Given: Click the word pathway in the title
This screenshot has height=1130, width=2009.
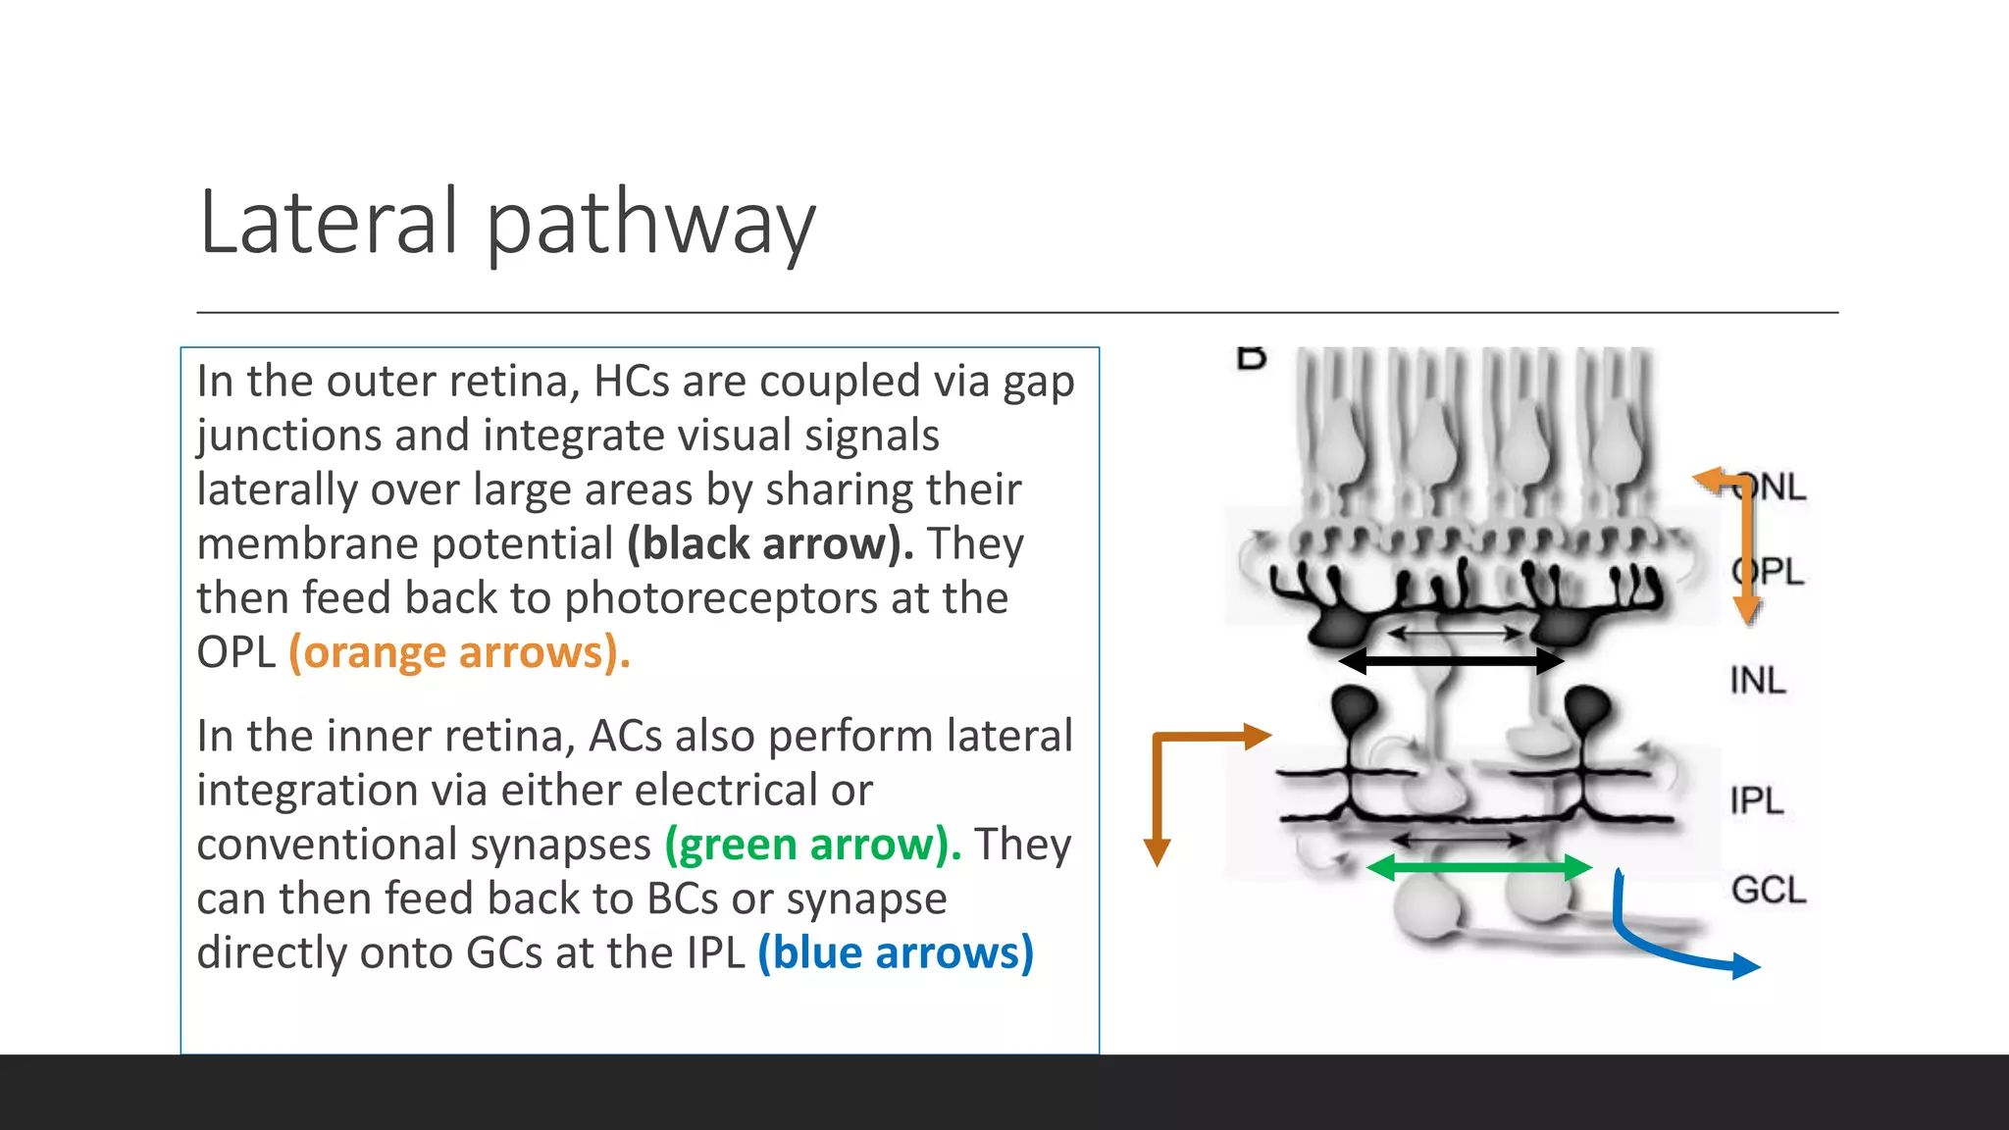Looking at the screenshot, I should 650,226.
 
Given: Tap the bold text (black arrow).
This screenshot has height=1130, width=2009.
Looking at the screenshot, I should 770,544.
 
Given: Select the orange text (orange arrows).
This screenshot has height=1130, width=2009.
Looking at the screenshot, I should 459,652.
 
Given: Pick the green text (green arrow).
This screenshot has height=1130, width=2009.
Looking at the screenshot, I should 812,845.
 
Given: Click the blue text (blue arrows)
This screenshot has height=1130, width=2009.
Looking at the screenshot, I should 896,953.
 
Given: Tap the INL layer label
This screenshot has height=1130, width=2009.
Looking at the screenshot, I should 1757,681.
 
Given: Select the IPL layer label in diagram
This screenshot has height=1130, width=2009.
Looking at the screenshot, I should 1756,800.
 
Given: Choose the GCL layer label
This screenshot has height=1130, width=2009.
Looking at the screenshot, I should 1768,891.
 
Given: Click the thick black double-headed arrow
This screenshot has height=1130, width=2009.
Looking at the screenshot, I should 1451,661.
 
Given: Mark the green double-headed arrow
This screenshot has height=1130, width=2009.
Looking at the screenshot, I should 1478,867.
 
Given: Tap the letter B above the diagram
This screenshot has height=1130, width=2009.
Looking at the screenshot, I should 1251,358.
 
